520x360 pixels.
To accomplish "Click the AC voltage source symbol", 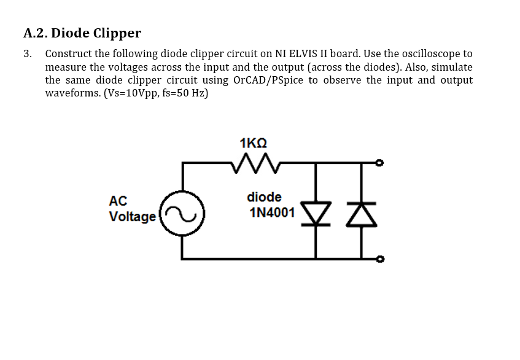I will (182, 213).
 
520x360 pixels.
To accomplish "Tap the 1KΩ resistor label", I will (254, 143).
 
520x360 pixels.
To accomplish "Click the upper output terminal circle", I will (379, 163).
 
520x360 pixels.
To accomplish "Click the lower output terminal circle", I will (379, 259).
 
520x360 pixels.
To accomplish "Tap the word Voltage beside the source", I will (132, 217).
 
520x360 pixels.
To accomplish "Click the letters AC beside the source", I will (118, 201).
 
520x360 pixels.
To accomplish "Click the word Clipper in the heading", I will (117, 33).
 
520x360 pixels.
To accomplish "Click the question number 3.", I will (28, 54).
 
